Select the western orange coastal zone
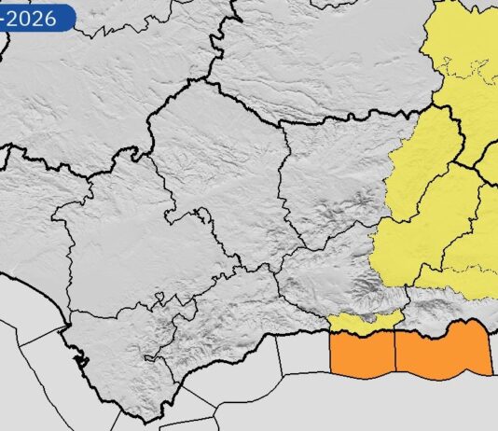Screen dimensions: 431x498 click(363, 355)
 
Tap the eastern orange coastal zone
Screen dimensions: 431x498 click(443, 353)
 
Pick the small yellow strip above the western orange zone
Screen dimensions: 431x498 click(364, 321)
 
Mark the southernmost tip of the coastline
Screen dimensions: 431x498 click(141, 416)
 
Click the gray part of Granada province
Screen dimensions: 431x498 click(326, 271)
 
